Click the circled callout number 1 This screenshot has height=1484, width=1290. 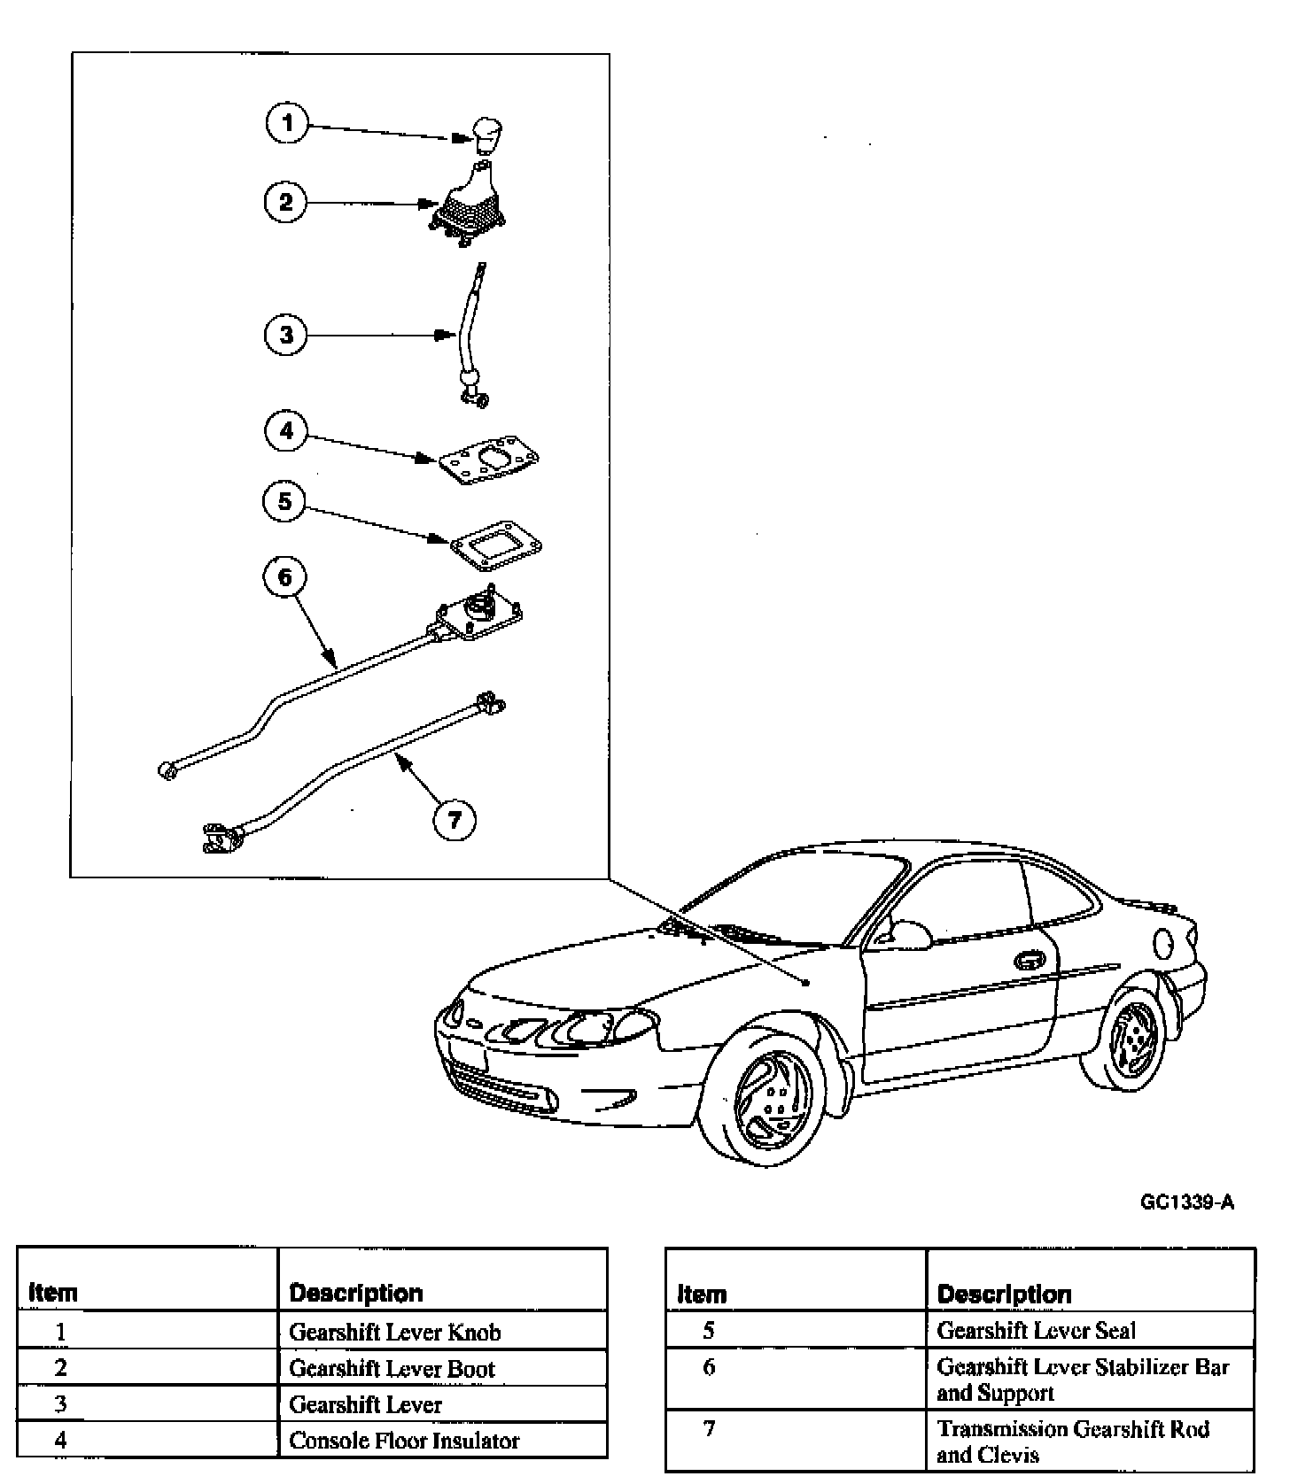click(286, 122)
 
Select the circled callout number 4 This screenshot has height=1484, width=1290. click(285, 431)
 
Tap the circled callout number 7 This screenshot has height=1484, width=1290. click(454, 820)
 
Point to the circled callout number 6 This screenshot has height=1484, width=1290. click(284, 577)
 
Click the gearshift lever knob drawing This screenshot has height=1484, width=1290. click(484, 136)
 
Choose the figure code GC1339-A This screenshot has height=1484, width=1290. click(1186, 1202)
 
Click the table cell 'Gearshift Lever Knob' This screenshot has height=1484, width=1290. click(395, 1332)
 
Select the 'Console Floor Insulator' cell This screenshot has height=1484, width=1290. click(404, 1441)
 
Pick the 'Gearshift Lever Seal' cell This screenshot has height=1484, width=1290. click(1036, 1330)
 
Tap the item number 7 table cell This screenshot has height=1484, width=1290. click(708, 1428)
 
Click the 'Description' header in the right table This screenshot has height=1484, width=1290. click(1004, 1294)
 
